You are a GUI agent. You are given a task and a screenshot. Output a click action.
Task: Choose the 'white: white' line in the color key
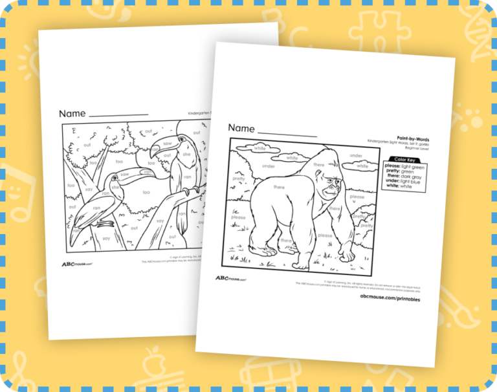[x=402, y=186]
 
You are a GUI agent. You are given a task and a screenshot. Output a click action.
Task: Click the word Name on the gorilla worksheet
[x=241, y=128]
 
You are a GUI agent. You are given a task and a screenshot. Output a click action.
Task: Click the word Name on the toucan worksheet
[x=72, y=114]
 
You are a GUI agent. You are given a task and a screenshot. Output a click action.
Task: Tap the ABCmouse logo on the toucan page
[x=75, y=264]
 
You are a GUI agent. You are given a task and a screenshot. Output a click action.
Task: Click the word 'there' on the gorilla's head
[x=319, y=166]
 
